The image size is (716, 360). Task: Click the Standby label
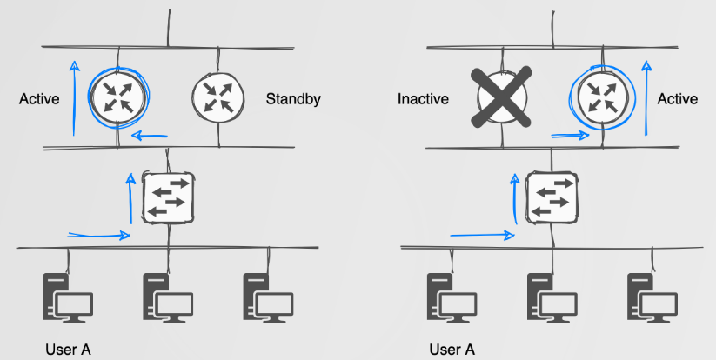293,99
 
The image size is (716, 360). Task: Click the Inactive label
423,99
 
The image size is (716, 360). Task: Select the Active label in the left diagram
39,99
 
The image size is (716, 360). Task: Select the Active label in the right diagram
677,99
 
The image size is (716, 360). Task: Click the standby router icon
216,96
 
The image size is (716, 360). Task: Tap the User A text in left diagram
68,350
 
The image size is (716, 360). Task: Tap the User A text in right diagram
452,350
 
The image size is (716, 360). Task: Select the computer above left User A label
68,298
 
